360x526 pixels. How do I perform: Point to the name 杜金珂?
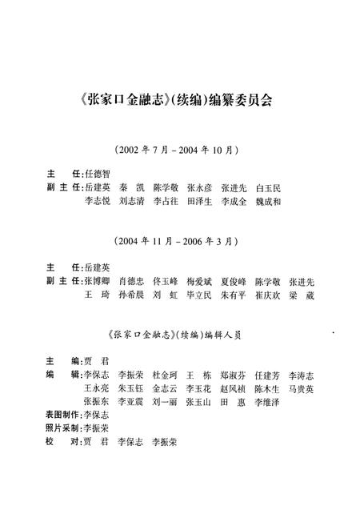[x=165, y=374]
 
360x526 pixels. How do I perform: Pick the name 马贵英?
[x=302, y=388]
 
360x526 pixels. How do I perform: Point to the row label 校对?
[x=62, y=442]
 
